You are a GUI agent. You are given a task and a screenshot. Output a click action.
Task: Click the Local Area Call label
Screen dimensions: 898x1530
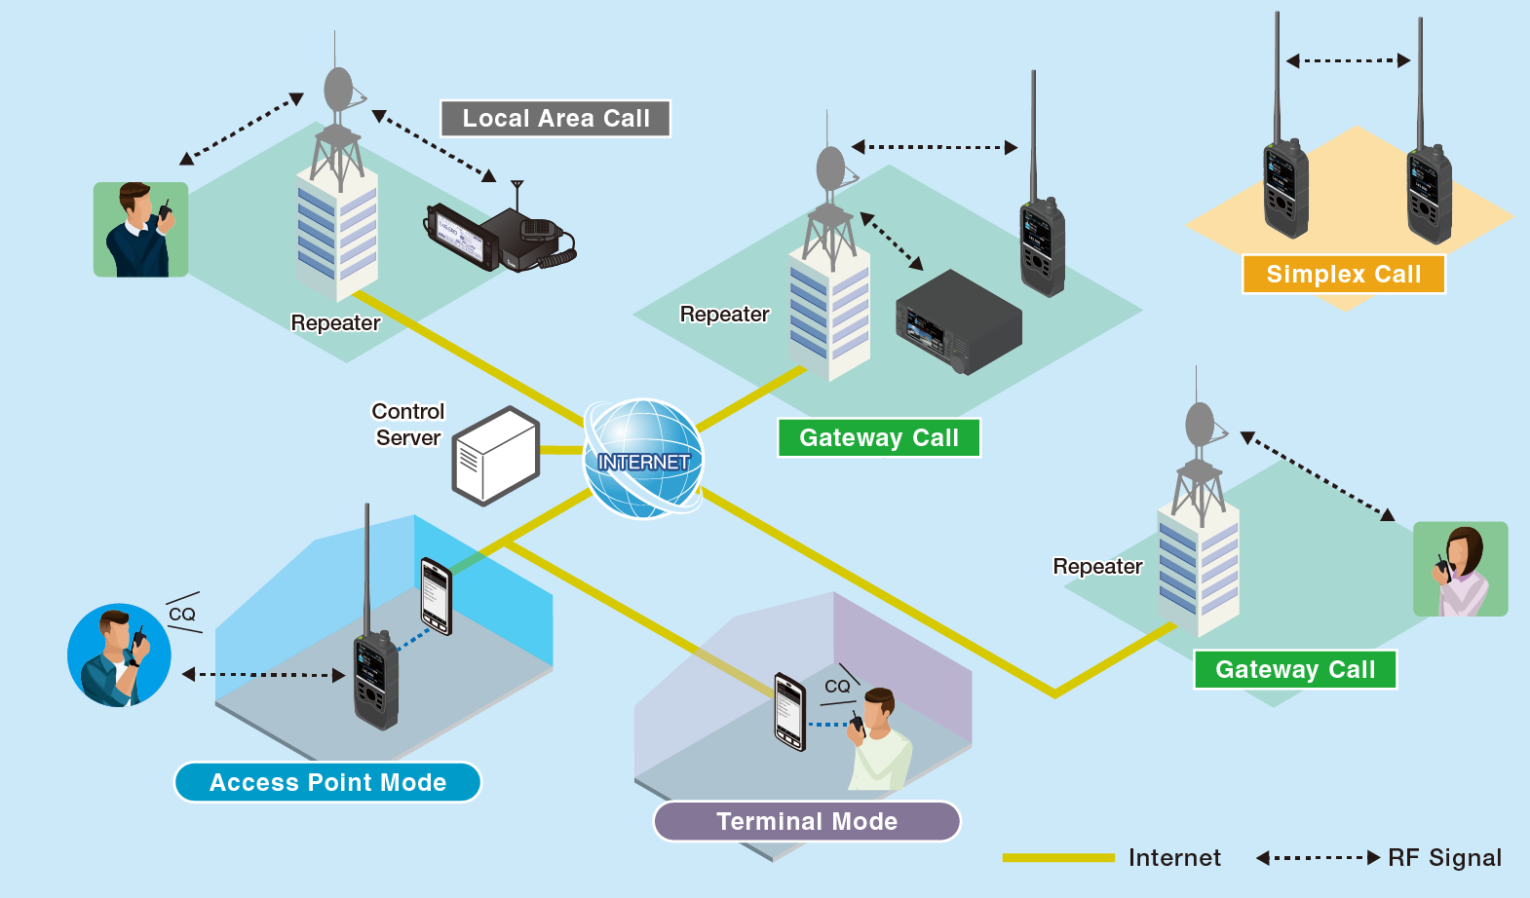coord(555,119)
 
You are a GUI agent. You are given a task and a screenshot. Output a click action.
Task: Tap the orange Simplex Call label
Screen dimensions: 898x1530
coord(1343,275)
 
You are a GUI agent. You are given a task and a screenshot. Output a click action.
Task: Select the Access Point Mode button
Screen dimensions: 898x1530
coord(327,782)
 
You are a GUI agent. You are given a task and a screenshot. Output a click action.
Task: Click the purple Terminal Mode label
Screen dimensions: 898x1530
coord(807,821)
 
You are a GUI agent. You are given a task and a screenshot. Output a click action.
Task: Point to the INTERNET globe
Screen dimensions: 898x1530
coord(643,458)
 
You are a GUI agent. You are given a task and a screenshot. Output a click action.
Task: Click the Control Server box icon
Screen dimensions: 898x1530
coord(496,457)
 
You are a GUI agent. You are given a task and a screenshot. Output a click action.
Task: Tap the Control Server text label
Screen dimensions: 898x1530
coord(408,425)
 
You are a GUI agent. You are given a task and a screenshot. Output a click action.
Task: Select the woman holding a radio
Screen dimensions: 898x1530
coord(1460,569)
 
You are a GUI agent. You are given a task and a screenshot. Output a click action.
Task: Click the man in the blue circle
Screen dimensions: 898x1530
coord(119,655)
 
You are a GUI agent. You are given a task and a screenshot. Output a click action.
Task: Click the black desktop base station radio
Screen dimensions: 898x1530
coord(958,322)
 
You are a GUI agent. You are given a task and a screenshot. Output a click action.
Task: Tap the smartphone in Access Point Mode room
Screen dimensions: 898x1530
coord(436,596)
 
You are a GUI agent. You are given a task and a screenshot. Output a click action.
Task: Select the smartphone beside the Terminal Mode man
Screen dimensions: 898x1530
coord(789,711)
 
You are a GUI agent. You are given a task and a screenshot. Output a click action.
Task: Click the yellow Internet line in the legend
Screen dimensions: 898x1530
coord(1058,857)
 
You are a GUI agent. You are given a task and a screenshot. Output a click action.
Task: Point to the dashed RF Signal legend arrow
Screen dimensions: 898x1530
coord(1318,857)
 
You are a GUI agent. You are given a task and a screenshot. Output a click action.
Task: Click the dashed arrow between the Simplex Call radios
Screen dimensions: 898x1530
coord(1348,60)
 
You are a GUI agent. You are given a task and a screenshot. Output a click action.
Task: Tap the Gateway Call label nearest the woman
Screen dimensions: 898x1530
coord(1295,669)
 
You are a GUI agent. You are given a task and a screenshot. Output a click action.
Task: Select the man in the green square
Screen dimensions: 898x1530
coord(140,230)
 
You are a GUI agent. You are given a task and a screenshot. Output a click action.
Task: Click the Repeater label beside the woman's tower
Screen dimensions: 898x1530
coord(1097,567)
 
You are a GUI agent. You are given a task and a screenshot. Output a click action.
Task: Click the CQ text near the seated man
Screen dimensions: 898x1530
coord(837,686)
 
